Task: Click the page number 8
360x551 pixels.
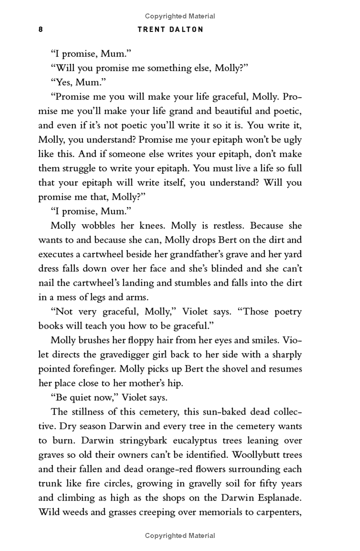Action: click(x=40, y=30)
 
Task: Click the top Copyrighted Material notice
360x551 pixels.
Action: click(x=180, y=16)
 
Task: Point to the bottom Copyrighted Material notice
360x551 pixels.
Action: click(x=180, y=536)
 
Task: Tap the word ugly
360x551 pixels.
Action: click(x=291, y=140)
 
